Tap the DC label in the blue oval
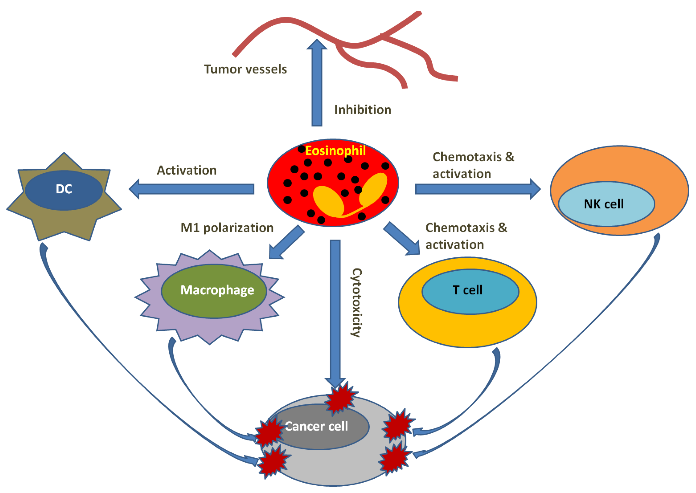tap(64, 189)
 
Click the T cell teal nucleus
tap(470, 291)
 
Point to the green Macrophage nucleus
tap(214, 291)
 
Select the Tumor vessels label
tap(245, 69)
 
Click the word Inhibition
tap(363, 110)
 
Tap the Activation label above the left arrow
tap(187, 170)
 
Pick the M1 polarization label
tap(227, 228)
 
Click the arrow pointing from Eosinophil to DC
tap(191, 189)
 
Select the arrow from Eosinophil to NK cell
tap(478, 189)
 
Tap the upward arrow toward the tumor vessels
tap(317, 83)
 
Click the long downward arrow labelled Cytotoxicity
tap(335, 314)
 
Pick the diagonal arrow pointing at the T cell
tap(401, 239)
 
